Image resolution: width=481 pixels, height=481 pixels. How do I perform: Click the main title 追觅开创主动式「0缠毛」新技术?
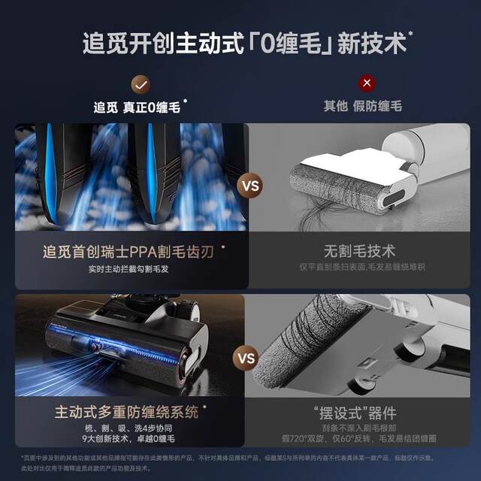point(240,42)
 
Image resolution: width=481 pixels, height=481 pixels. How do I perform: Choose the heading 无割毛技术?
point(358,251)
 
